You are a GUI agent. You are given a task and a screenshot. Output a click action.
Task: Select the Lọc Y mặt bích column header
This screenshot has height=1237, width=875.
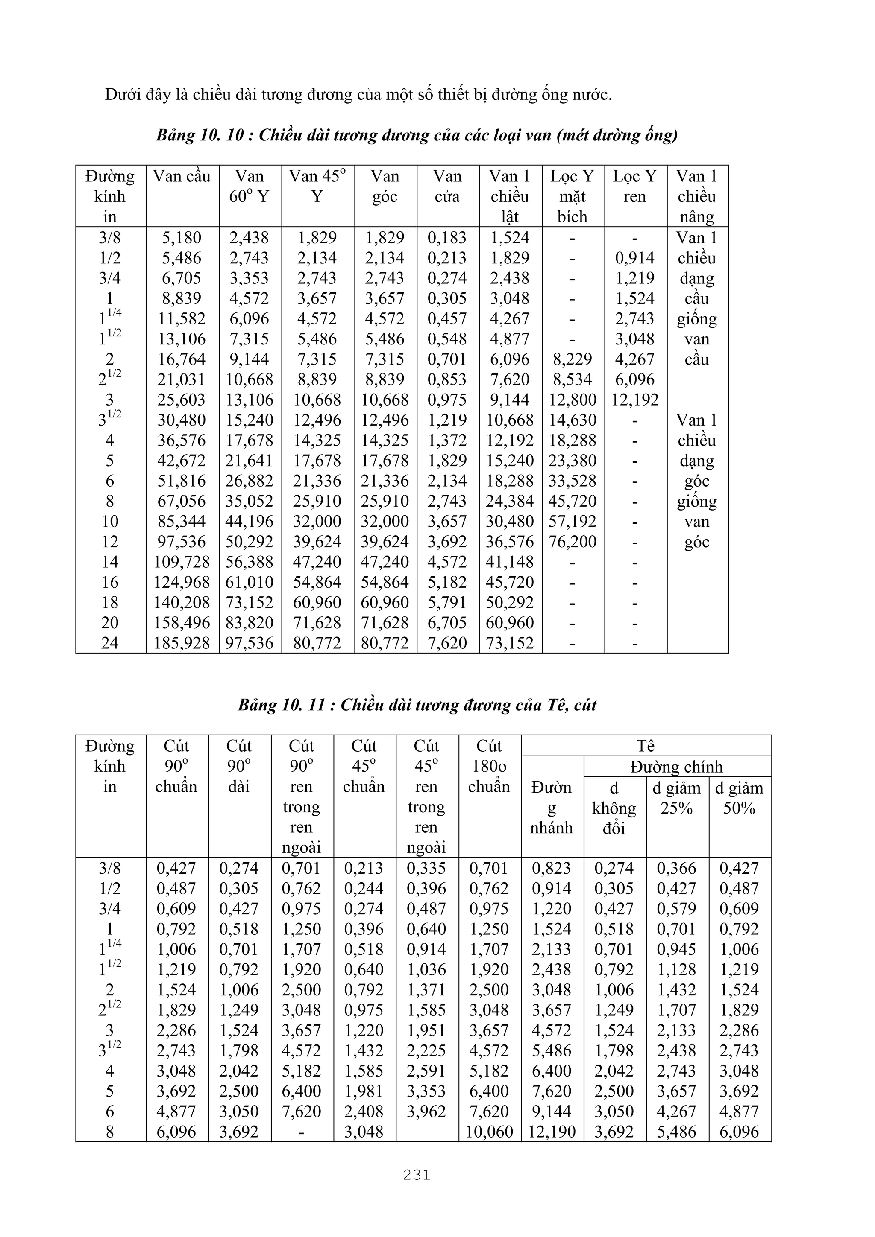pyautogui.click(x=572, y=196)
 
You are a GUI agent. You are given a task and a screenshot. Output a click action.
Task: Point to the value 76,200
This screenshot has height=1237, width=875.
pyautogui.click(x=572, y=542)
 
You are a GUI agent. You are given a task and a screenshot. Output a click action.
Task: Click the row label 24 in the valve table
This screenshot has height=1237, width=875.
pyautogui.click(x=109, y=643)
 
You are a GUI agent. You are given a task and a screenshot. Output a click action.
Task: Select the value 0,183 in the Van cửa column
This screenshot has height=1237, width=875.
pyautogui.click(x=447, y=238)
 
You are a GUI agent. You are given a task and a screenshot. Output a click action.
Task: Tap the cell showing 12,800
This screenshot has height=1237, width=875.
pyautogui.click(x=572, y=400)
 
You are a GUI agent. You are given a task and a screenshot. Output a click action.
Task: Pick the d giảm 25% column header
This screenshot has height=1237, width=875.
pyautogui.click(x=677, y=798)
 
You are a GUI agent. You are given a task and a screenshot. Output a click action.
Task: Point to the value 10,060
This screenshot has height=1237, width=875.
pyautogui.click(x=489, y=1132)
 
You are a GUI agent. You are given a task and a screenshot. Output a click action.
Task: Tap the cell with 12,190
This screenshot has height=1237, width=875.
pyautogui.click(x=552, y=1132)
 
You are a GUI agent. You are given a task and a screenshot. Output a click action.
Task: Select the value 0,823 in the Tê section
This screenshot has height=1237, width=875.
pyautogui.click(x=552, y=869)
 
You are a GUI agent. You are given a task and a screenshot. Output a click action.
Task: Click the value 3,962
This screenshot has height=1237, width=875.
pyautogui.click(x=426, y=1111)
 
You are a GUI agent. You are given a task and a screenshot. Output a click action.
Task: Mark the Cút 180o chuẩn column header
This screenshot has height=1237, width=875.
pyautogui.click(x=489, y=766)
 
